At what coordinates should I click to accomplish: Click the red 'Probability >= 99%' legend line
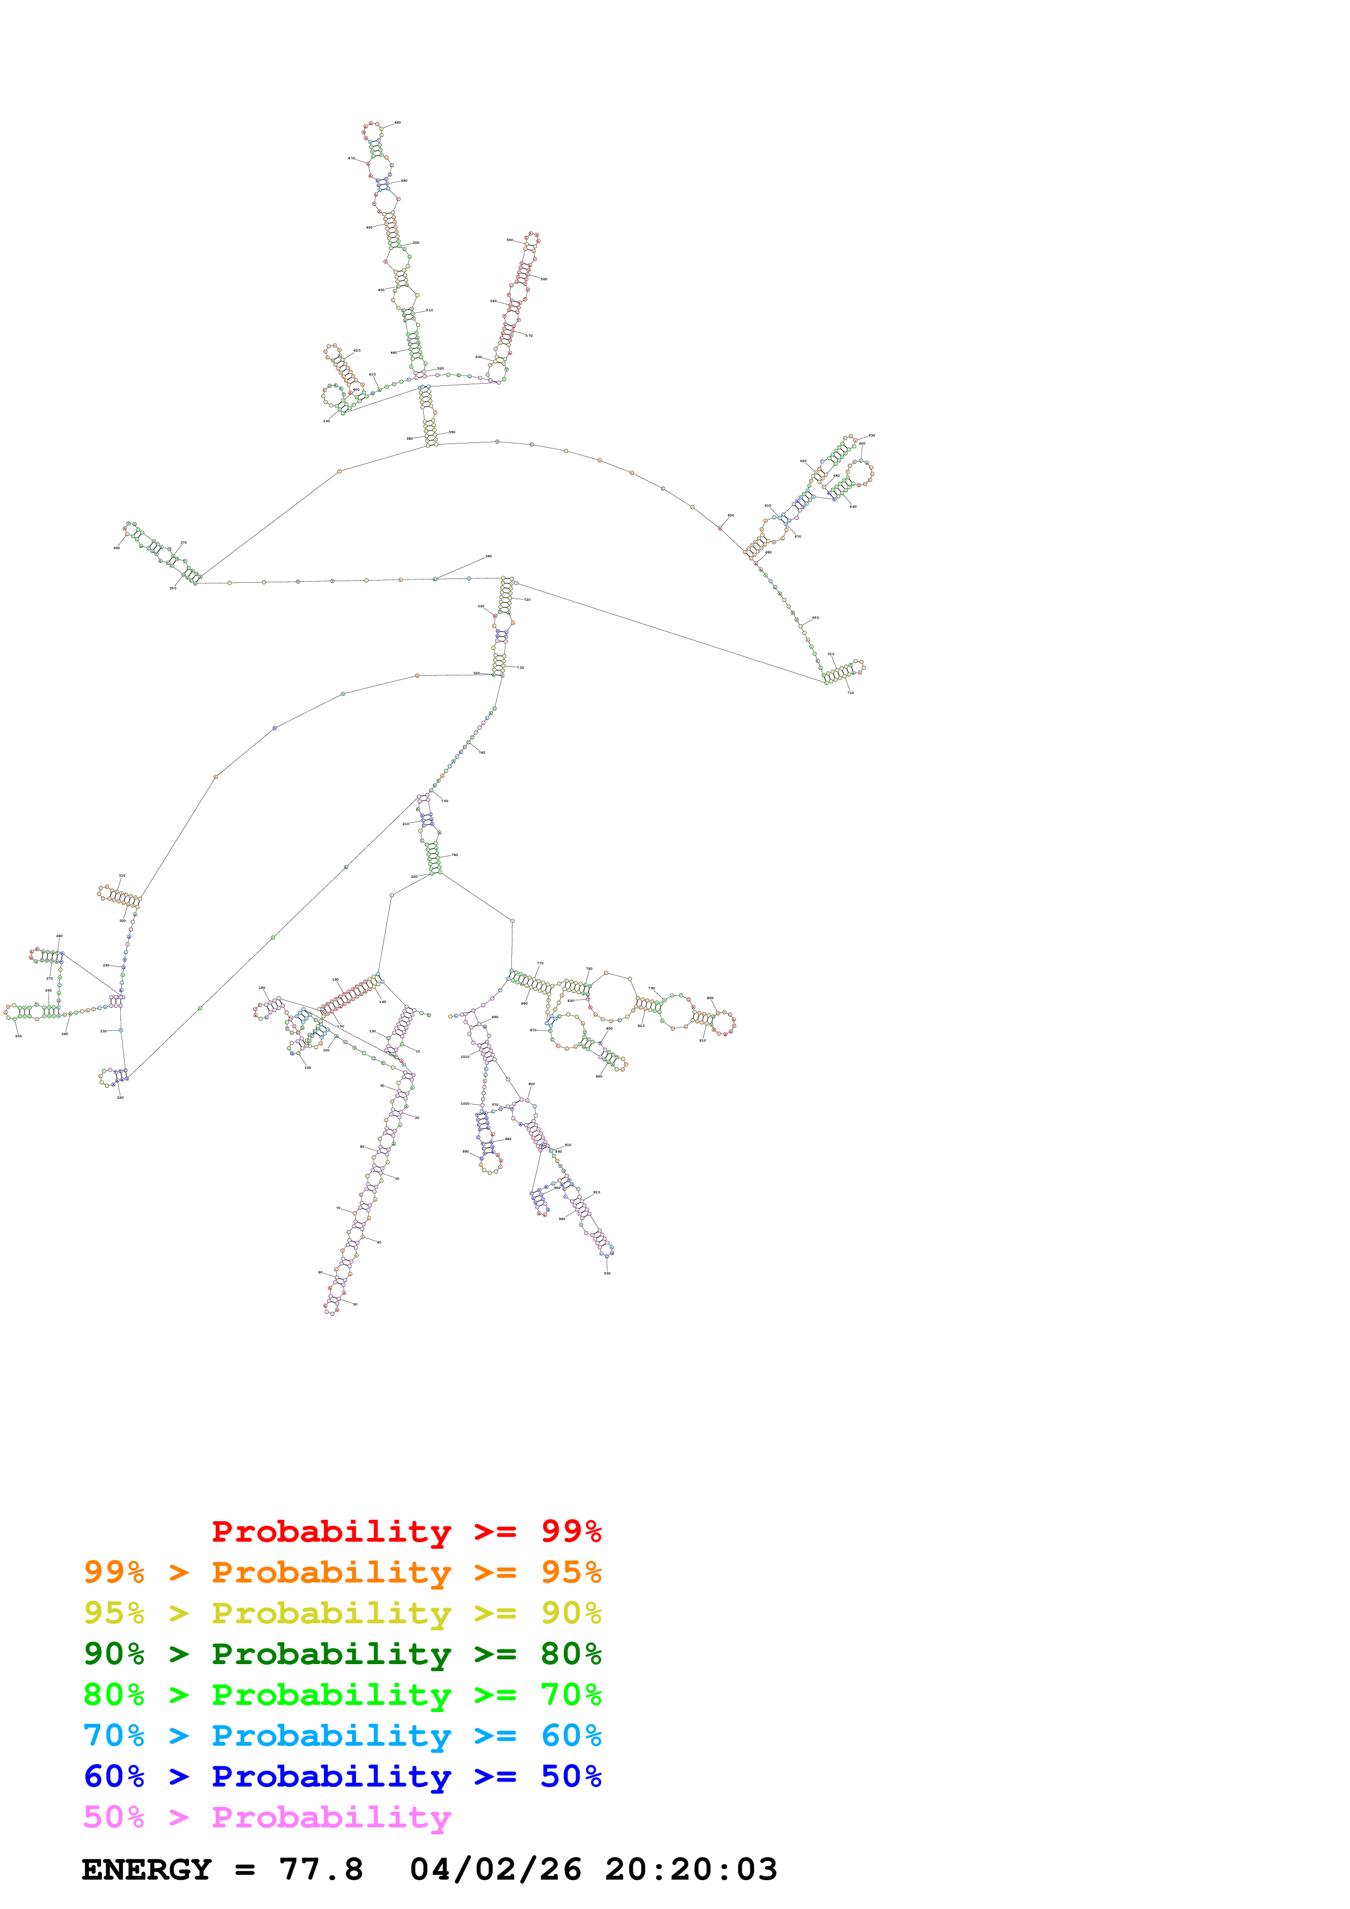406,1531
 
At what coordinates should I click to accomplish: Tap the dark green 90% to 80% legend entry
342,1654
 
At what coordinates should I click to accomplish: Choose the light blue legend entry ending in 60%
342,1735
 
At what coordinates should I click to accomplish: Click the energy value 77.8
321,1869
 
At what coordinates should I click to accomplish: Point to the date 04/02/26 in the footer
495,1869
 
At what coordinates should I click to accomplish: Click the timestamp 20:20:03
691,1869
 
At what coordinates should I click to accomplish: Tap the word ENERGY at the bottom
146,1869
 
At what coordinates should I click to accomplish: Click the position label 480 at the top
398,122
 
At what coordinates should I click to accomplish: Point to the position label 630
872,435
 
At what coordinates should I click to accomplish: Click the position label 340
488,556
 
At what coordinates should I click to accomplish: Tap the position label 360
117,548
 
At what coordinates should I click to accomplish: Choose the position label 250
19,1036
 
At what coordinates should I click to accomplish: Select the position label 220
120,1098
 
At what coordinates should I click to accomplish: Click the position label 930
607,1273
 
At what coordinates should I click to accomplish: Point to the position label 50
355,1304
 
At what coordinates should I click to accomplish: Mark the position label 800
710,997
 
